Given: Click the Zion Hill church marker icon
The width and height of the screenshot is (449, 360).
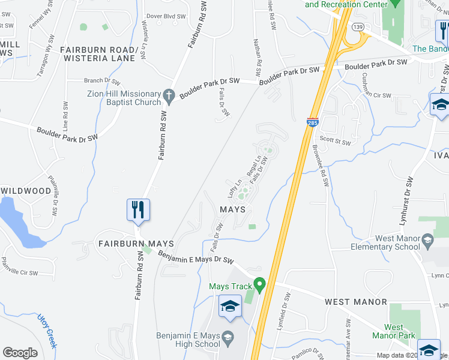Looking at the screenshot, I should [169, 95].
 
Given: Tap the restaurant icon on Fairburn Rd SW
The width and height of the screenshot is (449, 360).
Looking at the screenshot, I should [138, 209].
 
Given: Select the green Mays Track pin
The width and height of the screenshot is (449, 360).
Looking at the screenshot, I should [259, 283].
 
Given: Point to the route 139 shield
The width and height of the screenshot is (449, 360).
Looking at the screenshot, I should [358, 28].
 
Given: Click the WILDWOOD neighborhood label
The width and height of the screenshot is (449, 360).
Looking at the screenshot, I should [26, 191].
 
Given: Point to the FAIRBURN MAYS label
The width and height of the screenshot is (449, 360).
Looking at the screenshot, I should [136, 244].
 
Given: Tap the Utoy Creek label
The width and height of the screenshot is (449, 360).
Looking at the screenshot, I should [47, 331].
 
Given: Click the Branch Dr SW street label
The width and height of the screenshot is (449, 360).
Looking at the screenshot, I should [102, 81].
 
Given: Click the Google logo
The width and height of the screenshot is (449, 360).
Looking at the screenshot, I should [20, 353].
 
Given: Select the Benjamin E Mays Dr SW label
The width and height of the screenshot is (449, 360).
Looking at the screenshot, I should [196, 257].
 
